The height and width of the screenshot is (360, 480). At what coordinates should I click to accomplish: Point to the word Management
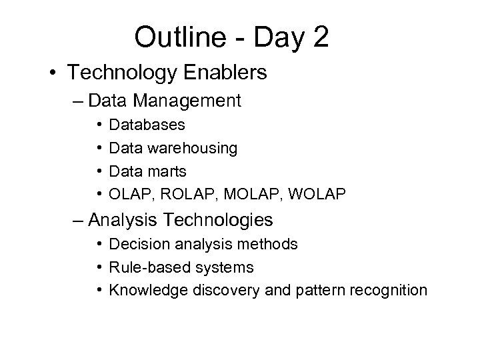tap(188, 101)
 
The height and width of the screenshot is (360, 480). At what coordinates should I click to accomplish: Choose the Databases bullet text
tap(147, 125)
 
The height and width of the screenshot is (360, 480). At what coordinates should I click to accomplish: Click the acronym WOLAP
tap(300, 194)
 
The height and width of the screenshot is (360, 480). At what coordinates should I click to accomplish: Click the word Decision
tap(136, 245)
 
